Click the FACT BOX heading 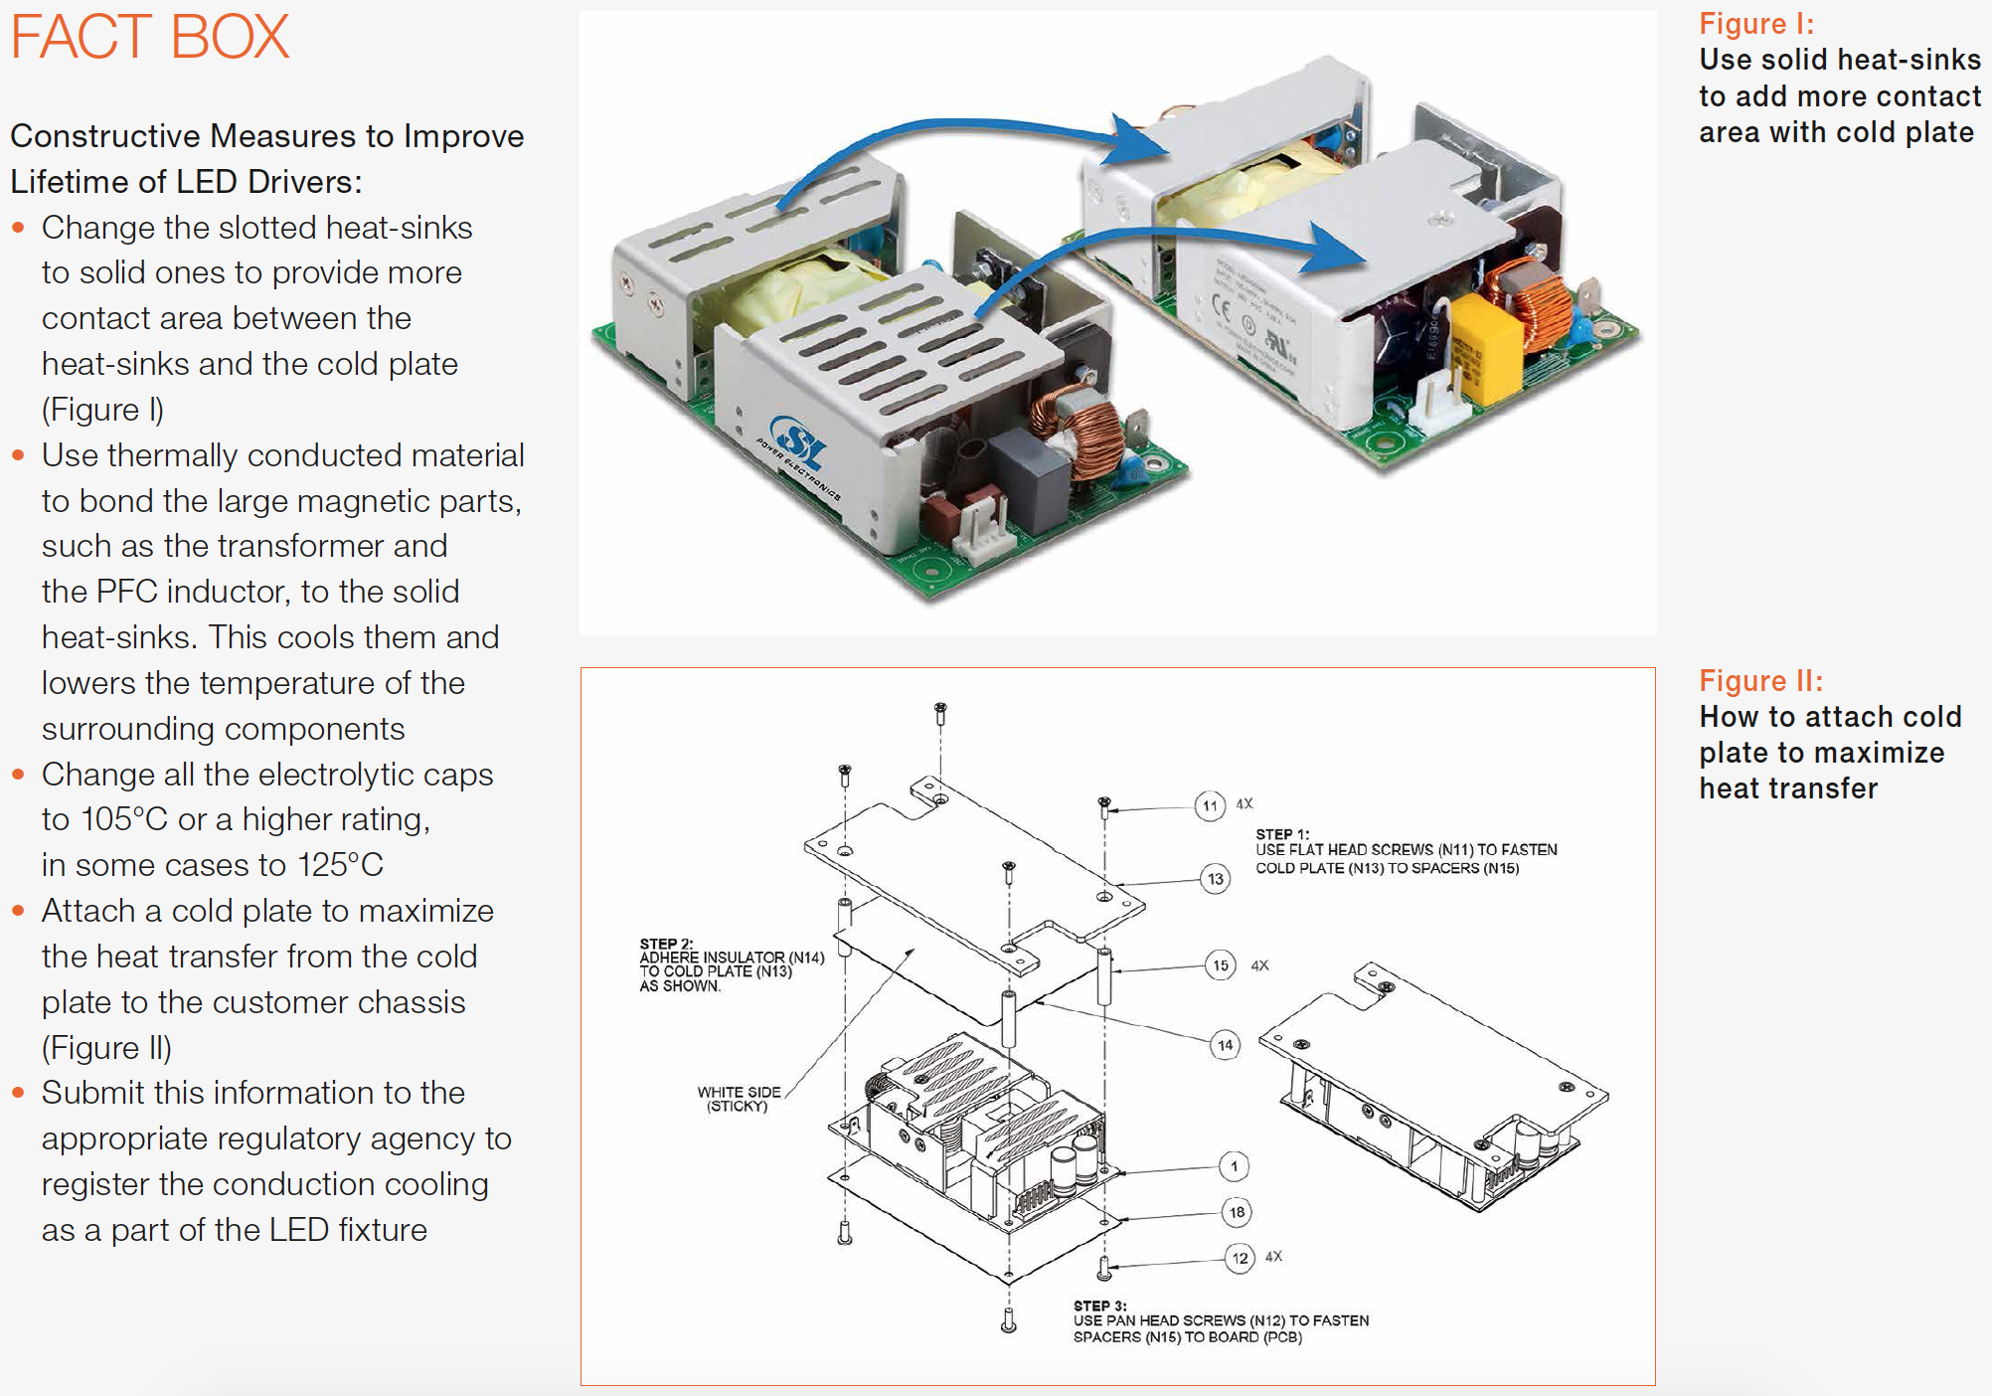[149, 38]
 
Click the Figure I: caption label [1755, 24]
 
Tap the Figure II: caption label [1760, 681]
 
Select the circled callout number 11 [1209, 805]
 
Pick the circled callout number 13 [1215, 879]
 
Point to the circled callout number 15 [1220, 965]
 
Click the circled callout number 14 [1225, 1045]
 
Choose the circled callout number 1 [1234, 1166]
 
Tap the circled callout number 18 [1237, 1212]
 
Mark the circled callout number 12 [1240, 1258]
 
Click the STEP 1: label [1282, 834]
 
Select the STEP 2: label [666, 944]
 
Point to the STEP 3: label [1099, 1306]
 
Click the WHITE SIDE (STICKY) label [739, 1099]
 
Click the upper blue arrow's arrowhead [1141, 138]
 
